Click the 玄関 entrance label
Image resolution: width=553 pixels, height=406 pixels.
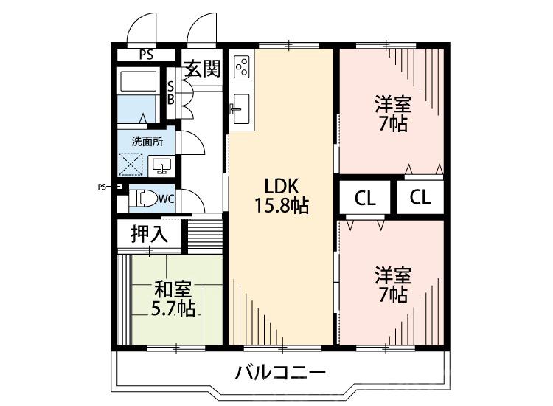pyautogui.click(x=202, y=69)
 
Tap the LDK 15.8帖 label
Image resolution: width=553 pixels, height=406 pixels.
pyautogui.click(x=281, y=196)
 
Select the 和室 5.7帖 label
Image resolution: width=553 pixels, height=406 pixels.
pyautogui.click(x=175, y=299)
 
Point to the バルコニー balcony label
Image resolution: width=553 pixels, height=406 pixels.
pyautogui.click(x=279, y=373)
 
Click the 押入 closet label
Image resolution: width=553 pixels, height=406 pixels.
pyautogui.click(x=149, y=234)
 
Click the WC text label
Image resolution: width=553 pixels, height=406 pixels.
pyautogui.click(x=166, y=198)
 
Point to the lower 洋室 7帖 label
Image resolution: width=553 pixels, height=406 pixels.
pyautogui.click(x=392, y=286)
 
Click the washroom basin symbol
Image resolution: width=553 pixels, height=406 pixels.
pyautogui.click(x=161, y=165)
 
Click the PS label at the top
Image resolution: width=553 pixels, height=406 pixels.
pyautogui.click(x=147, y=54)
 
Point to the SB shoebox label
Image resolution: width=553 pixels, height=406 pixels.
pyautogui.click(x=170, y=92)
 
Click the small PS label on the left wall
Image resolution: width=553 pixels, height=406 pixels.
pyautogui.click(x=102, y=186)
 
